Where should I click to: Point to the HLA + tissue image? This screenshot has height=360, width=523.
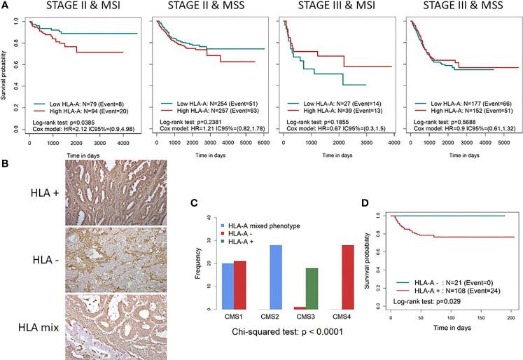pyautogui.click(x=108, y=208)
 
